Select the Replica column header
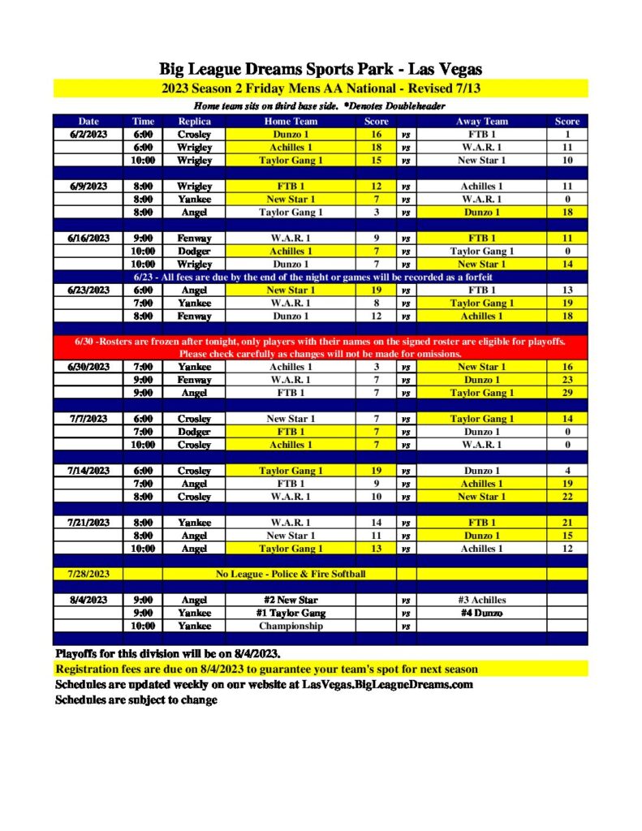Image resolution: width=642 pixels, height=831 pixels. (194, 122)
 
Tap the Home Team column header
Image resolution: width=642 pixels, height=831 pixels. (290, 122)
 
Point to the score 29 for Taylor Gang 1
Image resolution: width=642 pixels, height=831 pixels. (567, 394)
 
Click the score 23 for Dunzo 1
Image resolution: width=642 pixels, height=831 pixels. (567, 381)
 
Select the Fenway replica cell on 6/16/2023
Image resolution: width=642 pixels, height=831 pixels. (194, 239)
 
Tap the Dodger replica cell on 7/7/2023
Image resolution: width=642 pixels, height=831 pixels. (194, 433)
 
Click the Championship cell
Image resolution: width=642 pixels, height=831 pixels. (290, 626)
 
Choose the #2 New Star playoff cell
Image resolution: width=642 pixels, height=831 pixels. (290, 601)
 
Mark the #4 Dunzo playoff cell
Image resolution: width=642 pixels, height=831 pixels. (481, 614)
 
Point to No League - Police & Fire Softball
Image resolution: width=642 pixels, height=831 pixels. (290, 575)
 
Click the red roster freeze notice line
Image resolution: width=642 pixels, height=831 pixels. (321, 342)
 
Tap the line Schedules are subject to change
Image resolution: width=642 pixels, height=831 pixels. (136, 700)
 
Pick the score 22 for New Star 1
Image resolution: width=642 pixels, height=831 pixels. (567, 497)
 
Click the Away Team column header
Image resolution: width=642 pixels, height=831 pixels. (481, 122)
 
